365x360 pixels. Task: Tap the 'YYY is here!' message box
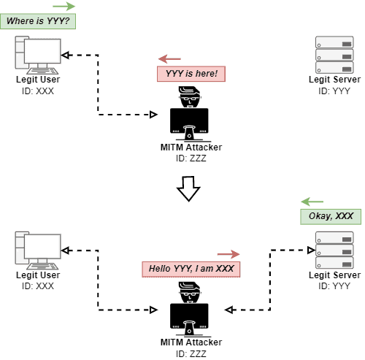pos(191,74)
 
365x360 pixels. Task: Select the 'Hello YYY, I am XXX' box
pos(191,269)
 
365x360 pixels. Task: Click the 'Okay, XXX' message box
pos(331,216)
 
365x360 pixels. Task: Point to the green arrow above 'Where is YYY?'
pos(64,6)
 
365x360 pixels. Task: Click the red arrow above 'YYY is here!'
pos(169,58)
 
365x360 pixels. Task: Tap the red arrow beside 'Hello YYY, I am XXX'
pos(228,254)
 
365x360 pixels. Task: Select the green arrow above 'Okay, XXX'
pos(312,201)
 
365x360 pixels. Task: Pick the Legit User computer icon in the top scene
pos(38,53)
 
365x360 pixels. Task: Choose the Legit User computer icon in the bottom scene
pos(38,248)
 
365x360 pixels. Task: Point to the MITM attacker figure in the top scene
pos(190,115)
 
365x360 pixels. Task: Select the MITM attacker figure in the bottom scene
pos(190,309)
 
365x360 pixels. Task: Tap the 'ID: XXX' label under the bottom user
pos(38,286)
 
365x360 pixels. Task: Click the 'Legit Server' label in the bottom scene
pos(334,275)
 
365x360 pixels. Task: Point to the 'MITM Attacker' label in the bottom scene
pos(191,342)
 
